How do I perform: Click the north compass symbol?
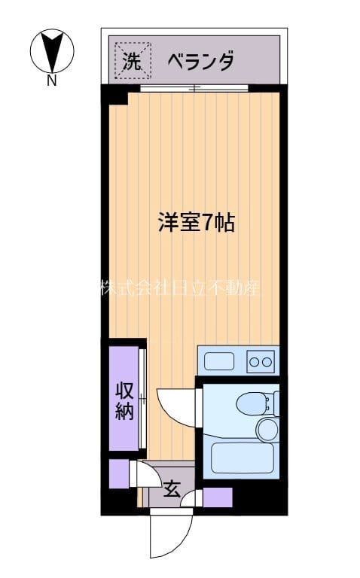click(x=50, y=50)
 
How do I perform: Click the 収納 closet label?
click(x=124, y=400)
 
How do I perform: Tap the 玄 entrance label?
click(x=172, y=489)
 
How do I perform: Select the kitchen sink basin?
click(x=219, y=360)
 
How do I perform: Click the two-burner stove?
click(x=261, y=361)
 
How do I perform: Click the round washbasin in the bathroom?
click(x=267, y=430)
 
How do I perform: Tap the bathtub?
click(x=240, y=457)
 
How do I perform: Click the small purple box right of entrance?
click(x=217, y=497)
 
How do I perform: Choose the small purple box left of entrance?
click(x=117, y=473)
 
